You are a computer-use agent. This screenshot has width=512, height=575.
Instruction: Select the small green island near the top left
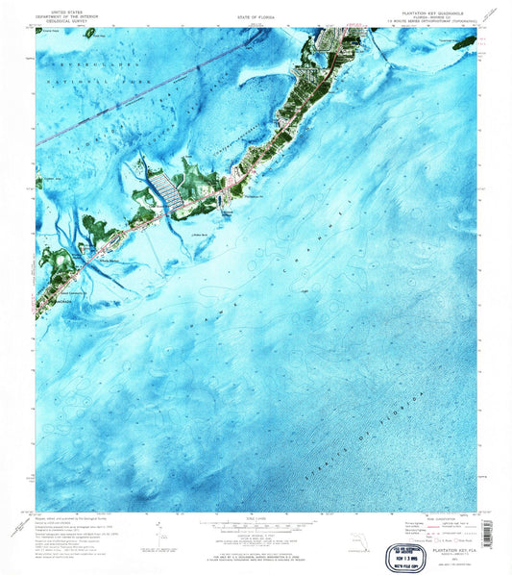89,33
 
